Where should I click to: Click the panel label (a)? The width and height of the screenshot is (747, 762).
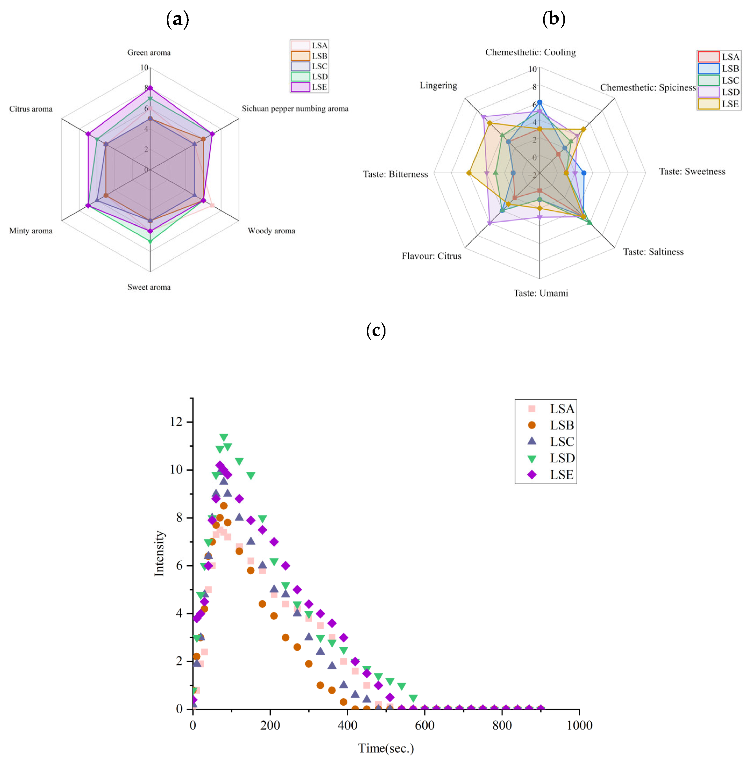(177, 19)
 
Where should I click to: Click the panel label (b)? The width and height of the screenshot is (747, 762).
(553, 19)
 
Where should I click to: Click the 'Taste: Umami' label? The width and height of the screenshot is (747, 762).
(541, 293)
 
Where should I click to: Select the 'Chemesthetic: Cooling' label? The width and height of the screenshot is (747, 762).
(530, 52)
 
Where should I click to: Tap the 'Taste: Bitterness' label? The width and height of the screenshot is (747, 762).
(395, 174)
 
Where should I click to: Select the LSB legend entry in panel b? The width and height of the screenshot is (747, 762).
(719, 69)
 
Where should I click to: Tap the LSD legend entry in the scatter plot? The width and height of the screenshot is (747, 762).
(551, 458)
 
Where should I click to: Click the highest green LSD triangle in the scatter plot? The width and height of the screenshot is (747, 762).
(224, 438)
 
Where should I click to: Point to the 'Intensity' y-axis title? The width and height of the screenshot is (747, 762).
(159, 553)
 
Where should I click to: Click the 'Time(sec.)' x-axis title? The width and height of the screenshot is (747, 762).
(386, 748)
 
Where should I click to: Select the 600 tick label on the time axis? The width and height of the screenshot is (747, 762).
(424, 725)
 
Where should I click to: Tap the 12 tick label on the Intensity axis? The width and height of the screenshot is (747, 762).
(176, 422)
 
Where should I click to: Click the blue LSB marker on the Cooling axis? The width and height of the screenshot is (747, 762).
(539, 102)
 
